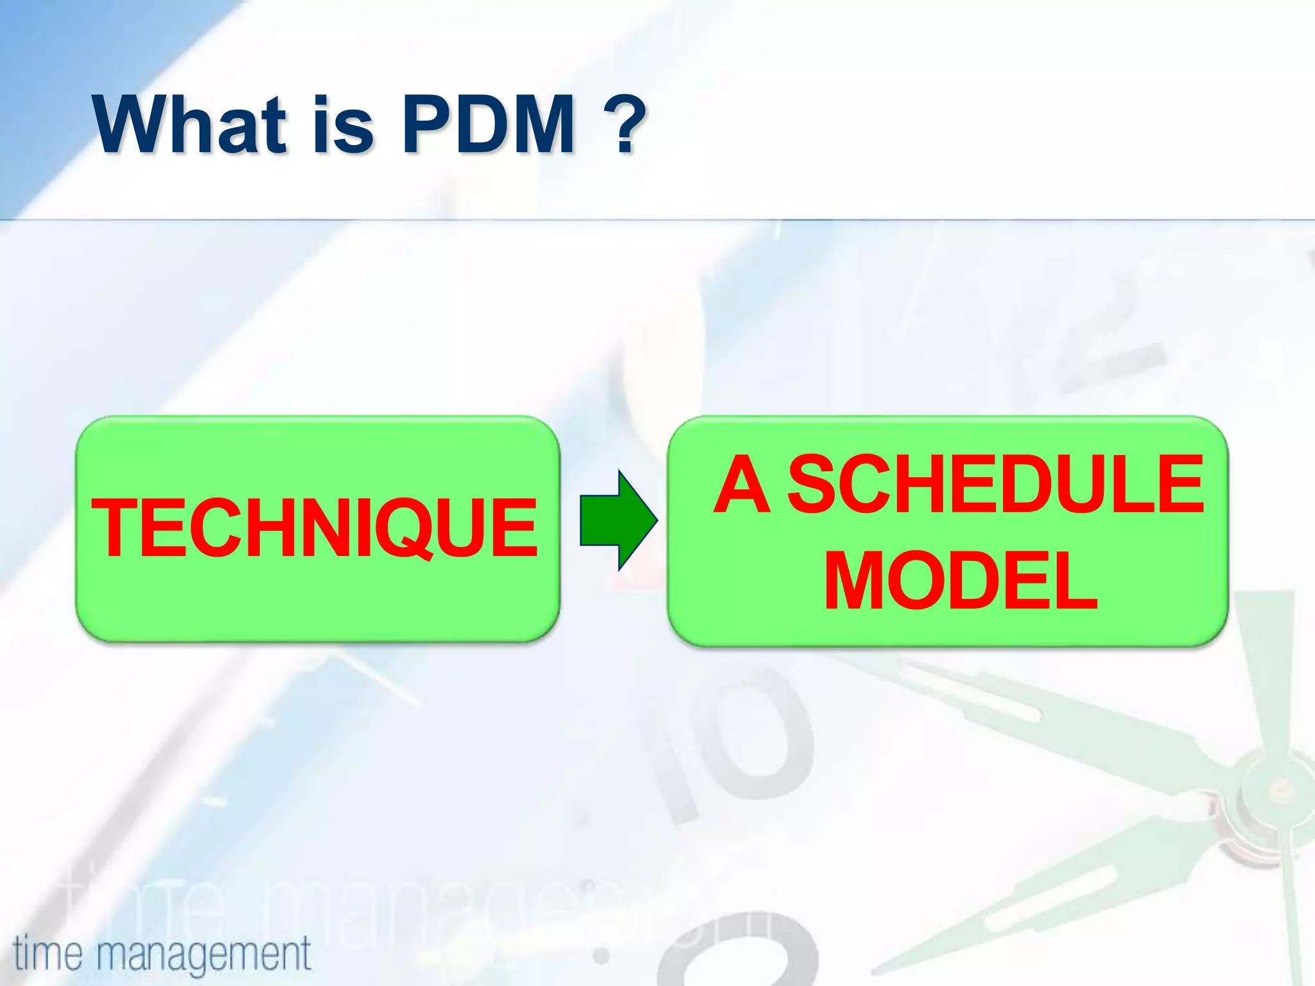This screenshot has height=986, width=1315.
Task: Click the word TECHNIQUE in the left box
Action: [315, 528]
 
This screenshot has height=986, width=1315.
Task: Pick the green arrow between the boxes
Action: [618, 520]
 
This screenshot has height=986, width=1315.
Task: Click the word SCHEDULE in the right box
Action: [995, 485]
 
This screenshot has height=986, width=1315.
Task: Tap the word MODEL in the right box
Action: [961, 581]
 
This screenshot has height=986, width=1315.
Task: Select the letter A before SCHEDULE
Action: [742, 485]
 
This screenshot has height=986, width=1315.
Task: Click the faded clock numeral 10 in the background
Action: [732, 745]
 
